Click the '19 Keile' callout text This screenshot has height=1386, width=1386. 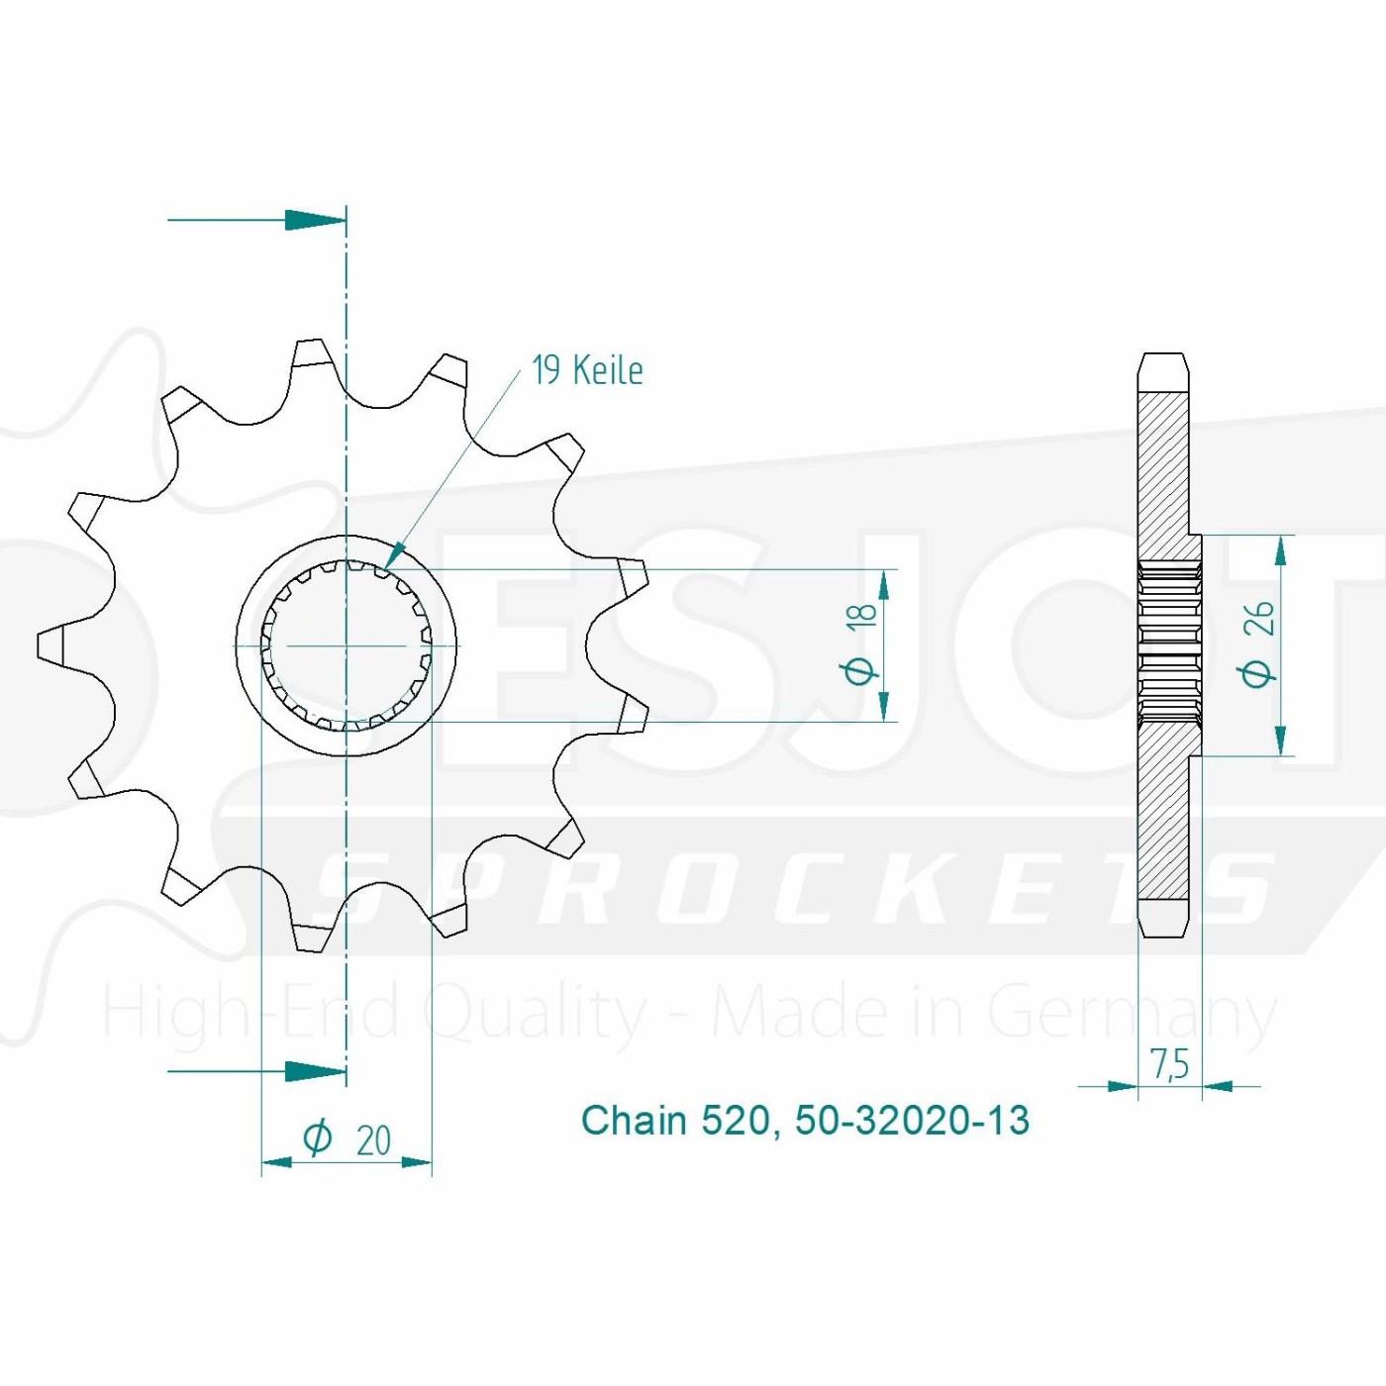(x=587, y=371)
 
